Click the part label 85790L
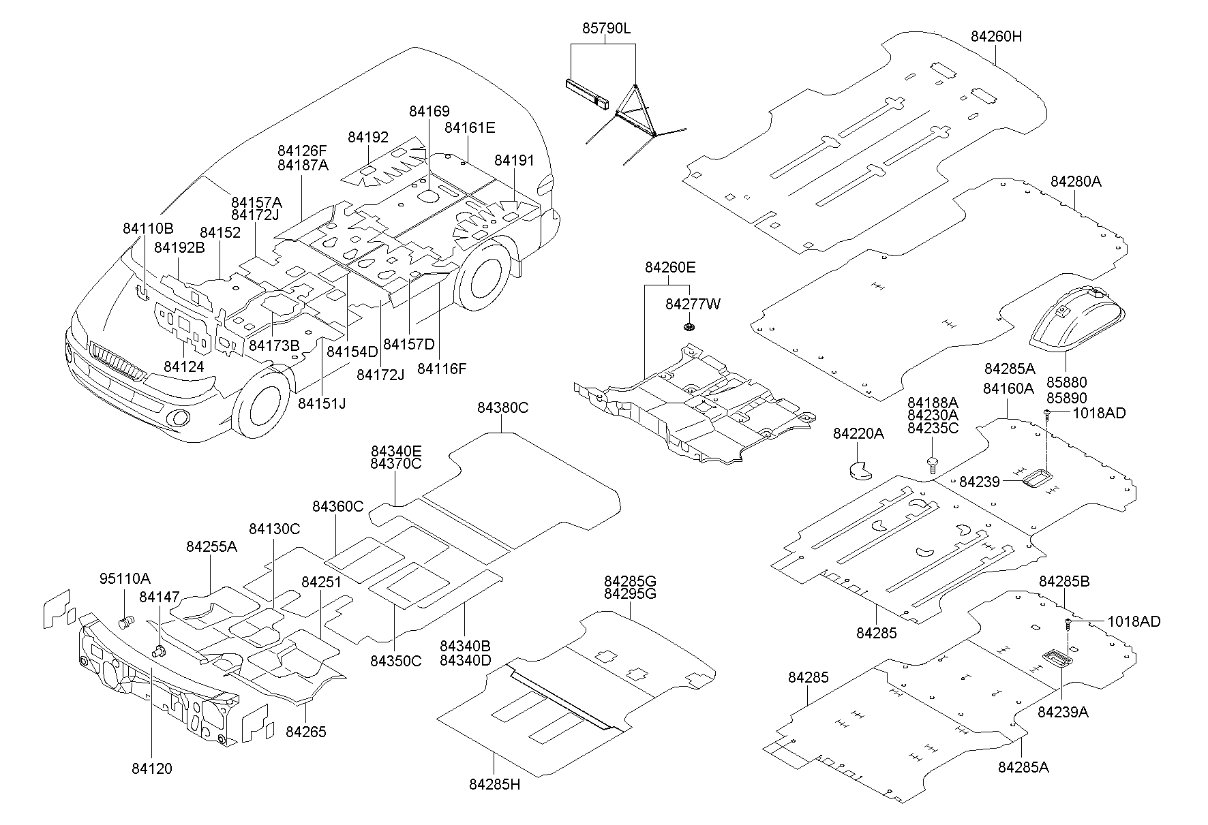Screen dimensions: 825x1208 (x=606, y=29)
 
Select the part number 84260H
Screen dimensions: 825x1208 (x=996, y=37)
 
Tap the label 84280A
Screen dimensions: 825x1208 (x=1076, y=182)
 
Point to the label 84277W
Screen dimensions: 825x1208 (x=693, y=305)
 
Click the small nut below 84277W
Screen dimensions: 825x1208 (x=689, y=328)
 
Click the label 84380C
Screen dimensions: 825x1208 (x=502, y=408)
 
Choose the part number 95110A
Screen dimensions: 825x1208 (x=125, y=579)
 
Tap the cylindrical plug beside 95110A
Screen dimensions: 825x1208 (x=125, y=621)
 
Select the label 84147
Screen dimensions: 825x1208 (x=159, y=597)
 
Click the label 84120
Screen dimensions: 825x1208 (x=152, y=768)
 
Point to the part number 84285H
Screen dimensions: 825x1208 (x=494, y=784)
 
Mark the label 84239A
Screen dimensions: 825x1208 (x=1063, y=712)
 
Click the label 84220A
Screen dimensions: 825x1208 (x=858, y=433)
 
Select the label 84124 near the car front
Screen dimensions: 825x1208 (x=183, y=367)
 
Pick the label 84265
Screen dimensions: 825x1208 (x=305, y=732)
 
